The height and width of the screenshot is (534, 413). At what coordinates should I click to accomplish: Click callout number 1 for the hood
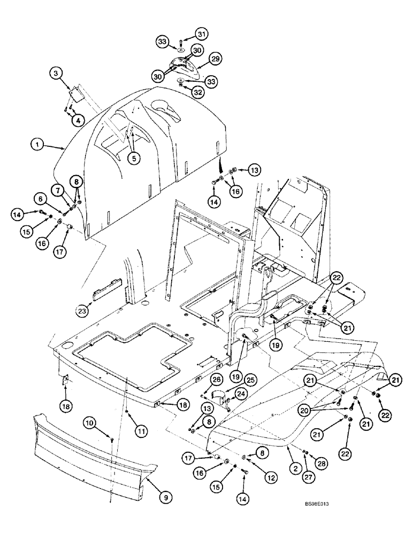[37, 144]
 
